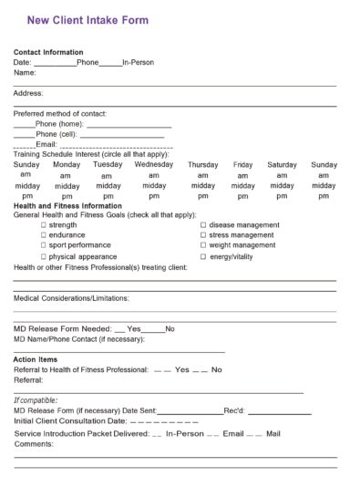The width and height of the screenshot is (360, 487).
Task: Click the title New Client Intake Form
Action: (x=87, y=19)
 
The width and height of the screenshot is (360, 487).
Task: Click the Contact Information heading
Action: (x=48, y=52)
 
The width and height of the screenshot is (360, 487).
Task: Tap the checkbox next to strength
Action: (x=43, y=224)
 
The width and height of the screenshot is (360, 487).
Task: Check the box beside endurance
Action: (x=43, y=234)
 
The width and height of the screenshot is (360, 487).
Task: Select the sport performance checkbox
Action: (x=43, y=245)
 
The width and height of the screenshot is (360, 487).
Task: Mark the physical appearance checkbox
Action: (x=43, y=256)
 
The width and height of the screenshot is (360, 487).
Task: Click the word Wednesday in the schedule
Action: (x=154, y=165)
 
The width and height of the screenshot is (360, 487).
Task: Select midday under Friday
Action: (x=243, y=186)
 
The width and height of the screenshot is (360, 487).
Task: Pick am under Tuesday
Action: (x=108, y=176)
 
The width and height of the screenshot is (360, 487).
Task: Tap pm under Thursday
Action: (x=202, y=196)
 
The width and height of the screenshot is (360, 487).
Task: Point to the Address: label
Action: (x=28, y=93)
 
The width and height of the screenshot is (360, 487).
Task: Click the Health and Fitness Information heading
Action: (x=68, y=206)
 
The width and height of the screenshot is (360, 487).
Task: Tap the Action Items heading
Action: (x=36, y=359)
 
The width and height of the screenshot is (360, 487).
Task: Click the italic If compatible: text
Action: (x=36, y=400)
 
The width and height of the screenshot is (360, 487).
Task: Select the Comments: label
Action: (x=34, y=443)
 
